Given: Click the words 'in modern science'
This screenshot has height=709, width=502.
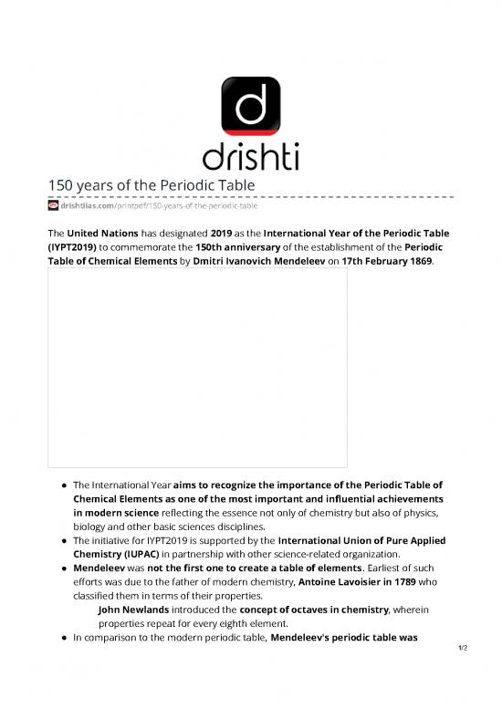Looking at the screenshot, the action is point(114,513).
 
